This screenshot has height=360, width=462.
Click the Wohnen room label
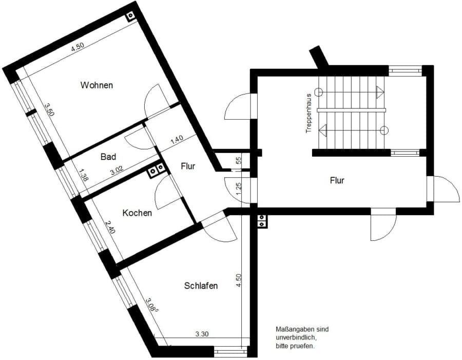tap(97, 85)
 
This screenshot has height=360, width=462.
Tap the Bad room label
tap(108, 157)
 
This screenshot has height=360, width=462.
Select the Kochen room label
tap(137, 213)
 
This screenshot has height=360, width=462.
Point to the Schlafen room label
tap(201, 286)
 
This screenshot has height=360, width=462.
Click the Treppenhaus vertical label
tap(309, 113)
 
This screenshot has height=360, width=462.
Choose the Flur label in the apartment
tap(188, 166)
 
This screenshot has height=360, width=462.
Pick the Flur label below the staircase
tap(337, 180)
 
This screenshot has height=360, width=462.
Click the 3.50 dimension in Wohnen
tap(49, 110)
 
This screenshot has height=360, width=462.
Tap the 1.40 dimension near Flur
tap(177, 139)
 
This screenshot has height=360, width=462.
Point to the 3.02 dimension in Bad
tap(117, 171)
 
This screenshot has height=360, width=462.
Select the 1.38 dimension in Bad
tap(83, 174)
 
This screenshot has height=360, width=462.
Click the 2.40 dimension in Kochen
tap(110, 227)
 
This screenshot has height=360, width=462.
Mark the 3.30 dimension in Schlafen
tap(202, 334)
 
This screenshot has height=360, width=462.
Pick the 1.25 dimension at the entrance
tap(239, 188)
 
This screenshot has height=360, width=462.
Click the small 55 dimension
tap(239, 160)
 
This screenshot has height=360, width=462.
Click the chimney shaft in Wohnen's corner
tap(130, 16)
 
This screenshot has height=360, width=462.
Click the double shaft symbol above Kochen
tap(157, 170)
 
